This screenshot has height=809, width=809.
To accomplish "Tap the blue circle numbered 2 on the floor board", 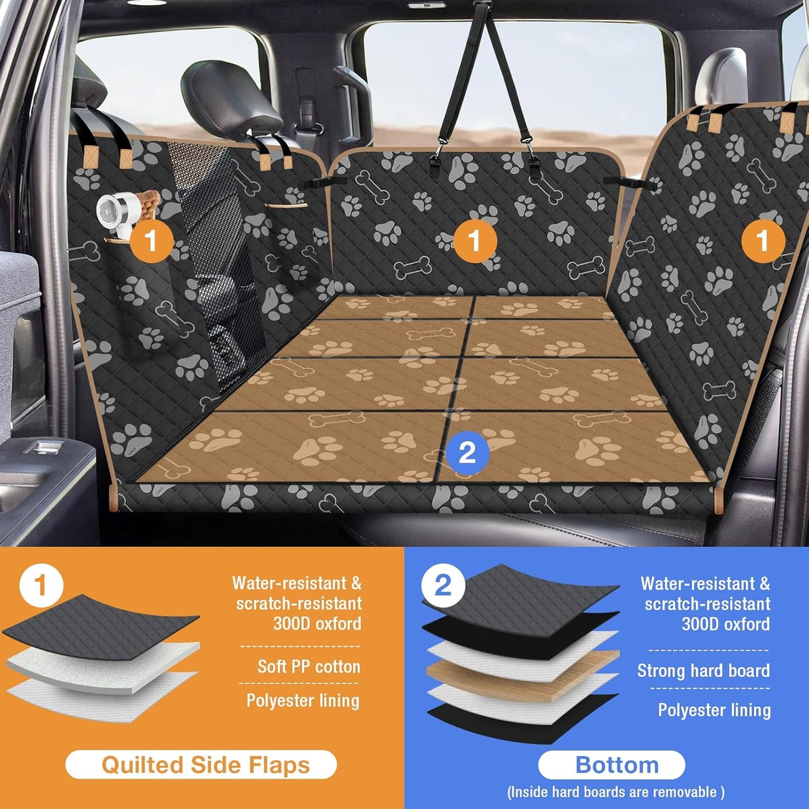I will coord(467,452).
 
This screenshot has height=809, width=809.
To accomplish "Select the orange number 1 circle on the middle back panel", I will coord(475,241).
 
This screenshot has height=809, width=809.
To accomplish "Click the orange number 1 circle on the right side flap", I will coord(763,241).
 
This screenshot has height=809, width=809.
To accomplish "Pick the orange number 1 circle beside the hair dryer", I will coord(151,241).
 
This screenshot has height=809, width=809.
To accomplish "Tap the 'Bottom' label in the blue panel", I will coord(616,765).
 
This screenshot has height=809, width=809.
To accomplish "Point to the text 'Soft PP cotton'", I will coord(308,666).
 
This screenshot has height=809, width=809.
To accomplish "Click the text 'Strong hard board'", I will coord(703,670).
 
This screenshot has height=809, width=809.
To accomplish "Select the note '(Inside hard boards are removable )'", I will coord(616,792).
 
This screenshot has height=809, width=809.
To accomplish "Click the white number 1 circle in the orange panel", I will coord(40,586).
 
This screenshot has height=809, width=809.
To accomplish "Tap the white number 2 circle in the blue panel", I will coord(442,586).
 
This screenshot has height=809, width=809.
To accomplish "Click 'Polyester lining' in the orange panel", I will coord(303,700).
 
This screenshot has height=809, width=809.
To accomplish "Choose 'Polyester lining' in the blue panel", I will coord(714,710).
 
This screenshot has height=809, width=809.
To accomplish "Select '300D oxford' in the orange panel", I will coord(317,624).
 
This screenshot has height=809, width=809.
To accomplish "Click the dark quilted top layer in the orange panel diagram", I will coord(101,627).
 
